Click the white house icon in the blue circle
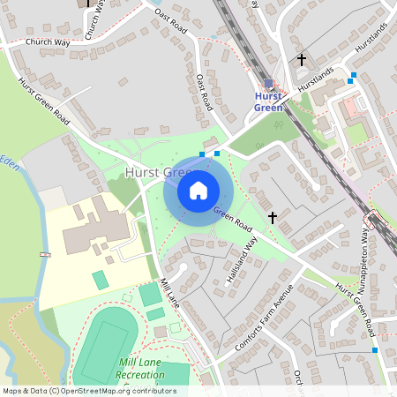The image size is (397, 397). click(x=198, y=190)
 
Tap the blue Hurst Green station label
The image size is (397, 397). click(x=268, y=101)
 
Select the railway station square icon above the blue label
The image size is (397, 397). click(x=268, y=83)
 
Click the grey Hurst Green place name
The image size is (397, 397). click(x=164, y=173)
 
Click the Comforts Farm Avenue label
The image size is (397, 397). click(x=264, y=323)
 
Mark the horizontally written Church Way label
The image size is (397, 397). click(x=49, y=41)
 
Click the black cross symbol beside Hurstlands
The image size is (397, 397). click(x=302, y=60)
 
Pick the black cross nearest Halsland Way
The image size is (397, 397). click(x=272, y=216)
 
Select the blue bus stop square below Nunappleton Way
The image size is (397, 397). click(x=375, y=350)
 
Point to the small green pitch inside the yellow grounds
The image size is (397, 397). click(x=101, y=280)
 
